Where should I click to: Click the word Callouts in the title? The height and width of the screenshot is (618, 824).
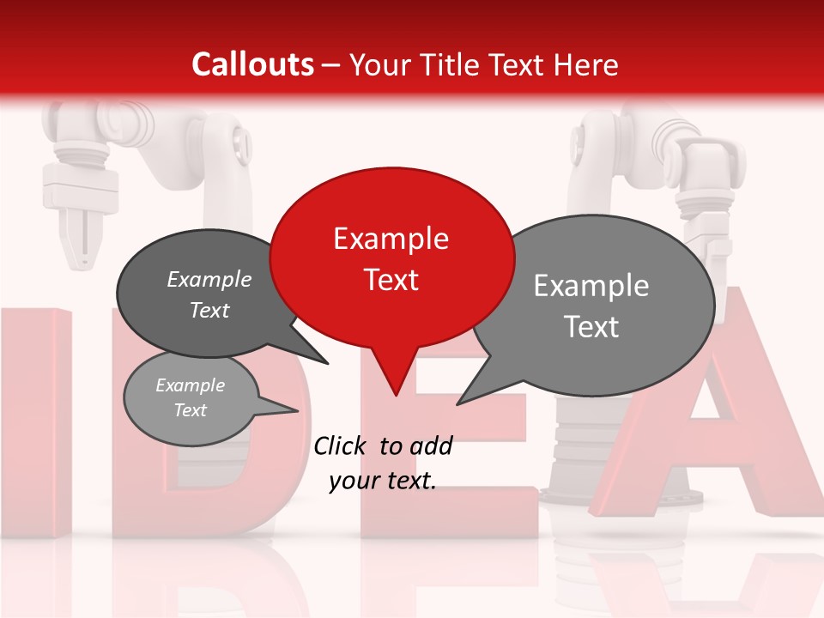(x=252, y=64)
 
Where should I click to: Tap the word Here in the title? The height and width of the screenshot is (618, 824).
(x=585, y=64)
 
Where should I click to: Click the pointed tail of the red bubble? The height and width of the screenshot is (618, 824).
(x=395, y=391)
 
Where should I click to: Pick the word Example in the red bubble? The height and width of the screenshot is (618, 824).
(x=391, y=238)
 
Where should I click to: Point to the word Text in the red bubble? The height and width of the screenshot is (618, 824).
(x=391, y=279)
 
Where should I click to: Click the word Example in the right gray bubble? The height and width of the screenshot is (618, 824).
(x=591, y=286)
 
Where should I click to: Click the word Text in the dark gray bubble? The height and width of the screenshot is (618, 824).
(x=209, y=310)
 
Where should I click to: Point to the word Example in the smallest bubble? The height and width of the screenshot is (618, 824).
(x=190, y=385)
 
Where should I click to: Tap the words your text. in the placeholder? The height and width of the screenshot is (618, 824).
(x=382, y=481)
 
